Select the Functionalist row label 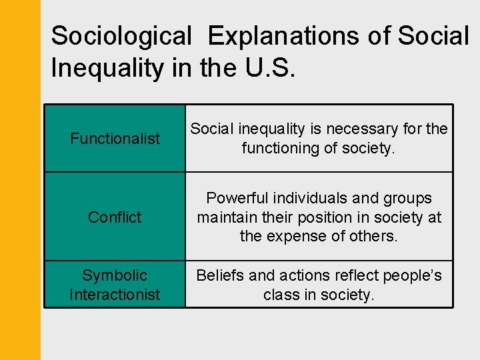[115, 139]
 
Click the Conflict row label [115, 217]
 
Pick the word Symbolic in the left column [115, 275]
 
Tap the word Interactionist [115, 294]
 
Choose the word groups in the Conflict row [409, 198]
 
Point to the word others [374, 236]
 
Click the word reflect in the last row [344, 275]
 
